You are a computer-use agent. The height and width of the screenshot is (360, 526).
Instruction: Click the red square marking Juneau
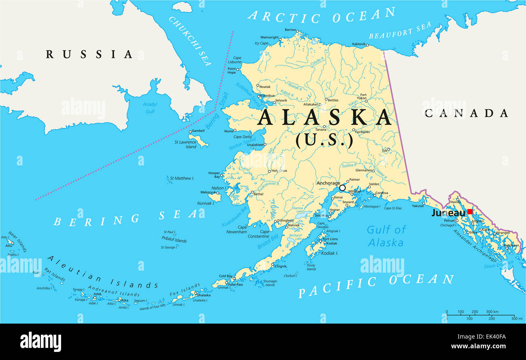[470, 212]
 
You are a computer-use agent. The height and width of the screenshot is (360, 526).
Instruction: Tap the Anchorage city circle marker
[342, 188]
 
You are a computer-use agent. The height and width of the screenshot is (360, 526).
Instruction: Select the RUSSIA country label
[89, 54]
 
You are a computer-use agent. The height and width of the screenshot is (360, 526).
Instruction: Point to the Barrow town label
[290, 30]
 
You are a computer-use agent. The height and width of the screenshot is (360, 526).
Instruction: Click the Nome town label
[229, 131]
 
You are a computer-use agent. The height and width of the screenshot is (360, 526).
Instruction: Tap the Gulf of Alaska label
[386, 236]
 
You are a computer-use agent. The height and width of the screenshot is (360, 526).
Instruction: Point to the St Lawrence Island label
[185, 144]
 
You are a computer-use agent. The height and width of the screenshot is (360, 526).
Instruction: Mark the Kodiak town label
[331, 244]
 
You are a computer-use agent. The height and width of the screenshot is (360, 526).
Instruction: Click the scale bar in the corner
[480, 315]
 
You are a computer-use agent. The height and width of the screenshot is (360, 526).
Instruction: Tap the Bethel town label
[258, 194]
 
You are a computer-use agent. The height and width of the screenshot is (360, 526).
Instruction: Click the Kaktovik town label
[359, 44]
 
